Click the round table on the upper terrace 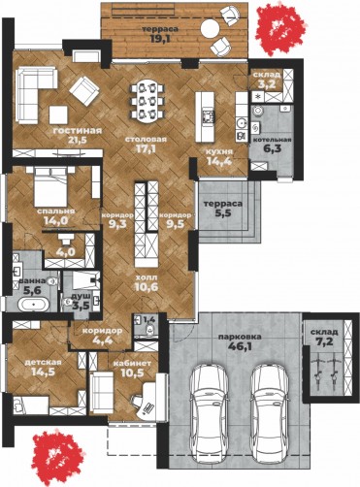click(x=211, y=29)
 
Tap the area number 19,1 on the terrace click(x=160, y=39)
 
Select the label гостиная click(x=78, y=130)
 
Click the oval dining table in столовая click(x=147, y=101)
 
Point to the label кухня click(x=221, y=151)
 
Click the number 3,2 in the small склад click(x=267, y=83)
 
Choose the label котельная click(x=272, y=140)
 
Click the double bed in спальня click(x=50, y=186)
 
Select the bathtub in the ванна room click(x=33, y=305)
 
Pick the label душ click(x=77, y=296)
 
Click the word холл click(x=147, y=277)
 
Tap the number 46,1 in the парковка click(x=240, y=346)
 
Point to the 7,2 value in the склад click(x=324, y=341)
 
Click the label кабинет click(x=132, y=363)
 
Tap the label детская click(x=43, y=362)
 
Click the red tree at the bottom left click(x=58, y=454)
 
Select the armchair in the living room click(x=84, y=91)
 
